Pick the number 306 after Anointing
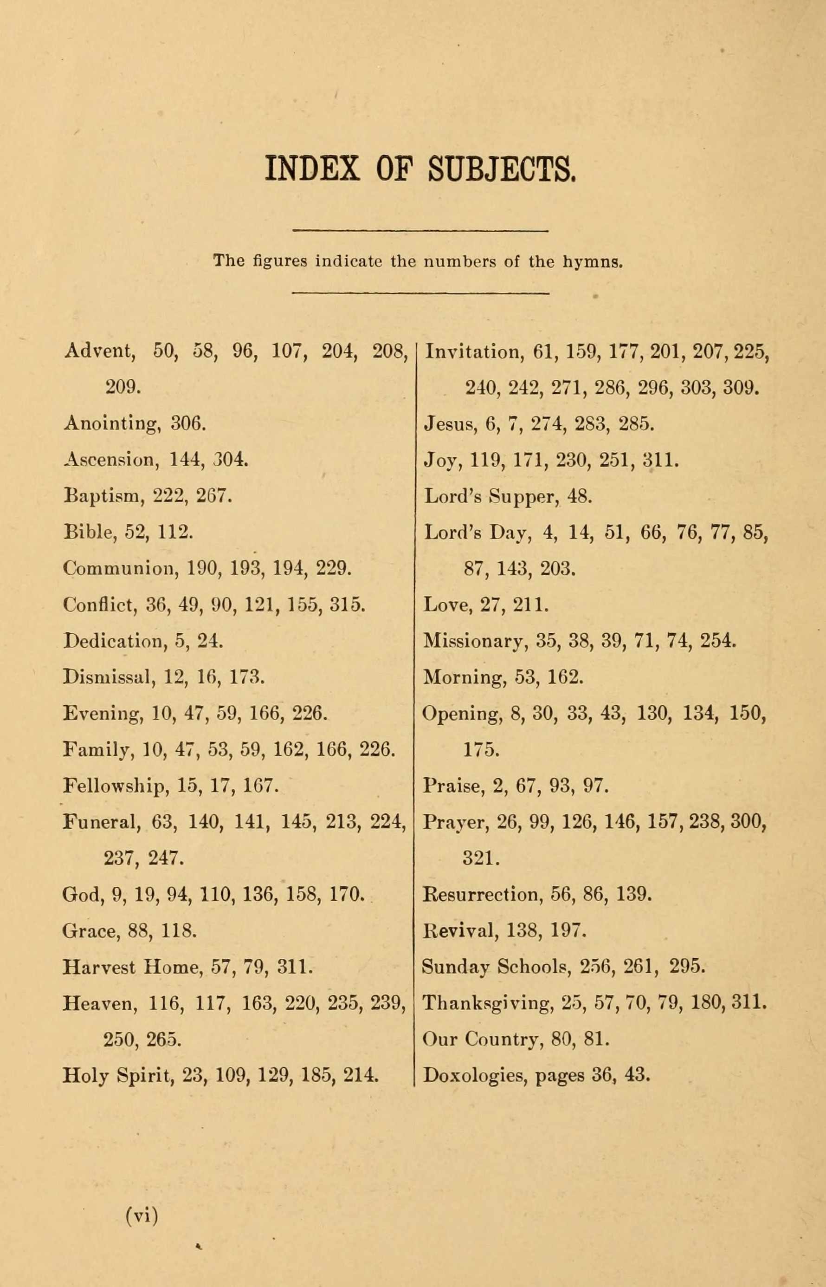point(188,424)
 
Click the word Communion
point(121,569)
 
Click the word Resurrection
point(482,894)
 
